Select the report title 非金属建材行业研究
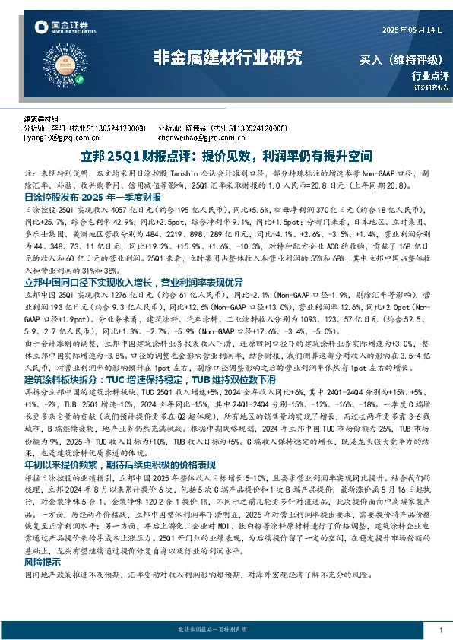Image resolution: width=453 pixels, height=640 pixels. pos(227,58)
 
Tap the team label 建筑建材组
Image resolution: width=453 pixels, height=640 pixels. pos(41,119)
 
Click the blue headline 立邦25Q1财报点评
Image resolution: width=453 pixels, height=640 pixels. pos(226,157)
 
